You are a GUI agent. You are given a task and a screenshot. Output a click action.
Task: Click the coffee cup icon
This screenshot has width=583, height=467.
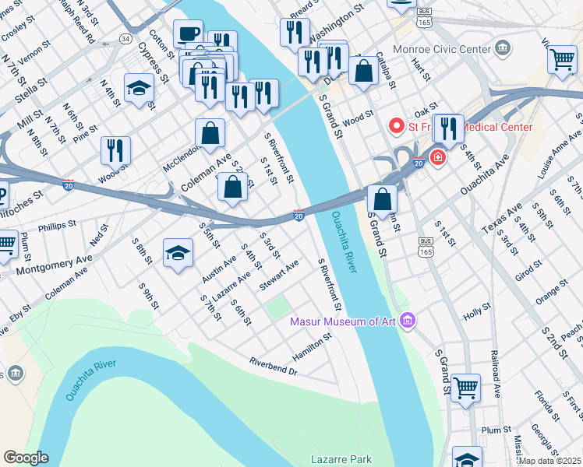point(188,34)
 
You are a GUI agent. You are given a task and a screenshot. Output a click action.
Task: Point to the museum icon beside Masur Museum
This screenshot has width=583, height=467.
point(406,320)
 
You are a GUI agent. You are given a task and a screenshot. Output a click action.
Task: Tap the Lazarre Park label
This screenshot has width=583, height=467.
point(341,459)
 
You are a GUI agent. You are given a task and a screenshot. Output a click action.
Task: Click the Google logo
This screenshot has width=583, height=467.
point(26,458)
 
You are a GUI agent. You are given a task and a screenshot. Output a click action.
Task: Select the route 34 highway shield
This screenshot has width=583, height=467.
point(125,38)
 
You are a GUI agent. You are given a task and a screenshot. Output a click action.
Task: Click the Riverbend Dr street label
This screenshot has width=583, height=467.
point(274,367)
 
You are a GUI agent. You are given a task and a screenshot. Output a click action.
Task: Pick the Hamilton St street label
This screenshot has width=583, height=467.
point(313,344)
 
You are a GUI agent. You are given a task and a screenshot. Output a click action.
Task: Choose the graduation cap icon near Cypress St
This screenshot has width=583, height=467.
point(139,88)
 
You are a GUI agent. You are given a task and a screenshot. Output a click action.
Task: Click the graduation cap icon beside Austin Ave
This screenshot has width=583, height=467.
point(178,253)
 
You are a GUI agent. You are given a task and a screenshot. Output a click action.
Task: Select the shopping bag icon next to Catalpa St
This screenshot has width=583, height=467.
point(364,71)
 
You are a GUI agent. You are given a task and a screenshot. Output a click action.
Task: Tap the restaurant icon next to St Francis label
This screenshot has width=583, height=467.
point(447,128)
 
